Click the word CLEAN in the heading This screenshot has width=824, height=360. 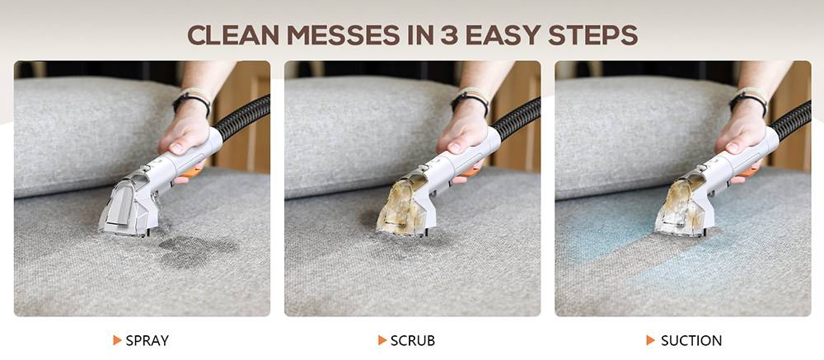tap(232, 35)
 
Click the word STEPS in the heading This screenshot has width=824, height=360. tap(592, 35)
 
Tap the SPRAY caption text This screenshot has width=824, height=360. tap(147, 340)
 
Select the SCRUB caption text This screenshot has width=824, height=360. tap(413, 340)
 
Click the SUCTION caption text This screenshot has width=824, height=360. tap(691, 340)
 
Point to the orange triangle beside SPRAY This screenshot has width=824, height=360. tap(117, 340)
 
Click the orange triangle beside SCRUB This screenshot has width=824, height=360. tap(382, 340)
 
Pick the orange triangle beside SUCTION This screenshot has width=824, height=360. tap(651, 340)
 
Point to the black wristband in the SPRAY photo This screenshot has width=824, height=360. tap(192, 102)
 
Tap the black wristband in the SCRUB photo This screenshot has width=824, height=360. tap(470, 102)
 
